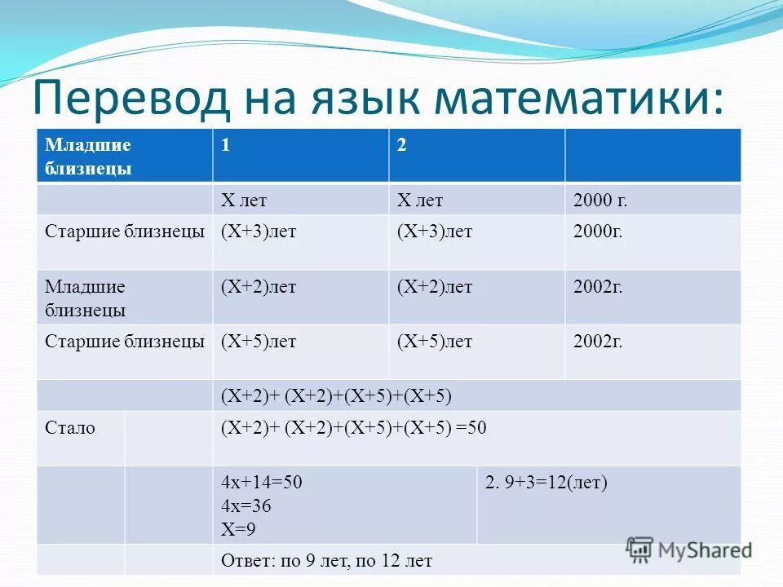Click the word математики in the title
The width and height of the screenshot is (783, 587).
[579, 98]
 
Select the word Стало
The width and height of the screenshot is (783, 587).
[70, 427]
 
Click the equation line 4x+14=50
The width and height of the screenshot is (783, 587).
[261, 482]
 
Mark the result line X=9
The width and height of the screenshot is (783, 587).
[238, 529]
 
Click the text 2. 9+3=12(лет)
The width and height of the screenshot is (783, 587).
[546, 482]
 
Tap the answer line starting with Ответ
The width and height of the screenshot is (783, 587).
[326, 561]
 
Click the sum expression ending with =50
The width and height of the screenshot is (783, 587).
[353, 427]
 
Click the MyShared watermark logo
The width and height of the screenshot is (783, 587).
[689, 549]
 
